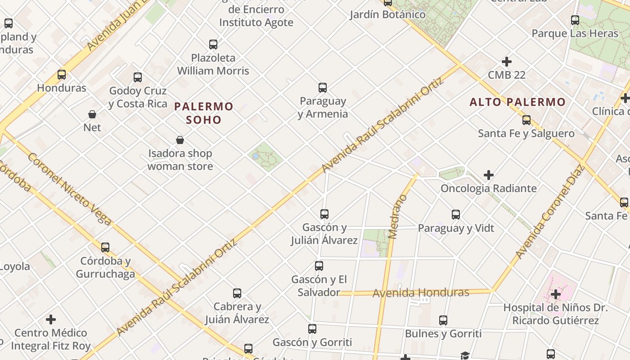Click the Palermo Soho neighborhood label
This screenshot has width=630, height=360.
tap(204, 113)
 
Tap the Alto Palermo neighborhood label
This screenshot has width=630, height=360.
tap(517, 102)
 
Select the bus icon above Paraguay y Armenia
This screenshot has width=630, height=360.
tap(322, 87)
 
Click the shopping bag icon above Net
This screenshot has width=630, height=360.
tap(92, 114)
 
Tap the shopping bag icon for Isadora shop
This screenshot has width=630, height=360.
tap(180, 140)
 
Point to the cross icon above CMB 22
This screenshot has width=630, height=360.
tap(507, 61)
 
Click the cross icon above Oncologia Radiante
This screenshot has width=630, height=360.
tap(489, 175)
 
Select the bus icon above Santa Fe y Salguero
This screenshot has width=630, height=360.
tap(526, 120)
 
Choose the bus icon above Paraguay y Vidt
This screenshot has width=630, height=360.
tap(456, 215)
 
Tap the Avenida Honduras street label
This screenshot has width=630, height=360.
tap(421, 293)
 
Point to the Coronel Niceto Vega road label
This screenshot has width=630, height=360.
tap(69, 189)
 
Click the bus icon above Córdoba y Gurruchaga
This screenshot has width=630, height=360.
tap(105, 247)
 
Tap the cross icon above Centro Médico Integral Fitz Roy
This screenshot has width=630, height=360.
tap(51, 319)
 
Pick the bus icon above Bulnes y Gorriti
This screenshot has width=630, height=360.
tap(443, 320)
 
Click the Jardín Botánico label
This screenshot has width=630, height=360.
tap(387, 14)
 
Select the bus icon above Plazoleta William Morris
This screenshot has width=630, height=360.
tap(213, 45)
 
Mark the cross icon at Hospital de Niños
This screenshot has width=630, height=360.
tap(556, 294)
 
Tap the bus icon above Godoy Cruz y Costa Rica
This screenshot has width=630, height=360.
tap(138, 77)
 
